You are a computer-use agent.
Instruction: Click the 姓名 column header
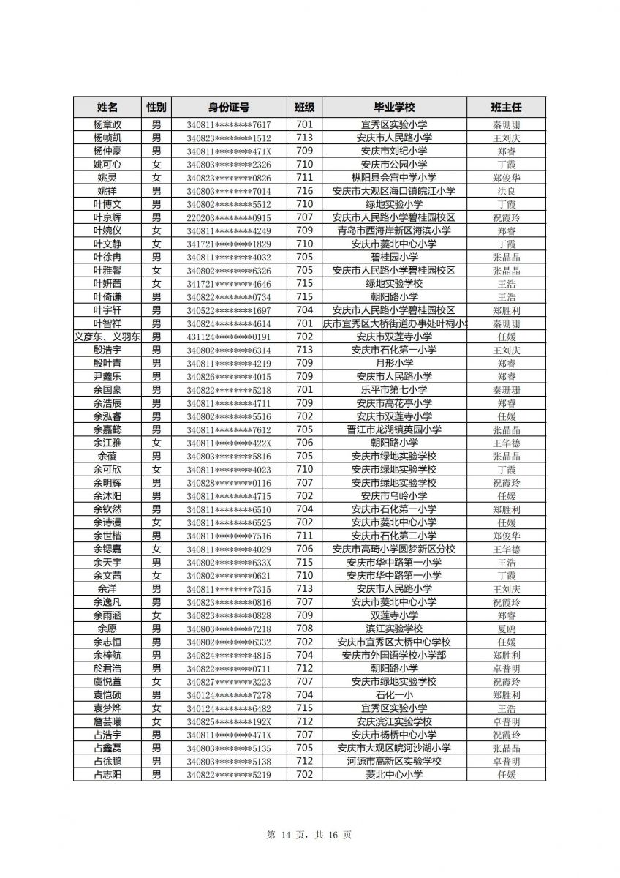tap(107, 107)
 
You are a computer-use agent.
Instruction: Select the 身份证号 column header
tap(228, 107)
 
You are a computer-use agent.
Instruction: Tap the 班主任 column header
tap(507, 107)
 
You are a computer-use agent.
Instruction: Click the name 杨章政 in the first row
tap(107, 125)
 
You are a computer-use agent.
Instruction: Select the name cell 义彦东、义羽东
tap(108, 337)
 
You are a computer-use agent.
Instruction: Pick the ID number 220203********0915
tap(228, 218)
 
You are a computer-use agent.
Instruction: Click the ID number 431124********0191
tap(228, 337)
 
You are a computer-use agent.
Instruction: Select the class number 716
tap(305, 191)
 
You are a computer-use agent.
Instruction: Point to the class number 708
tap(305, 629)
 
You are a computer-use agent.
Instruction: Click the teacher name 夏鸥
tap(507, 629)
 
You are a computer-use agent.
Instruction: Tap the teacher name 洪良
tap(507, 191)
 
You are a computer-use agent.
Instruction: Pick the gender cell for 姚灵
tap(156, 178)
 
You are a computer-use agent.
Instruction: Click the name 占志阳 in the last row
tap(107, 774)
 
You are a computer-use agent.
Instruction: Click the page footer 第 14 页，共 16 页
tap(309, 835)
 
